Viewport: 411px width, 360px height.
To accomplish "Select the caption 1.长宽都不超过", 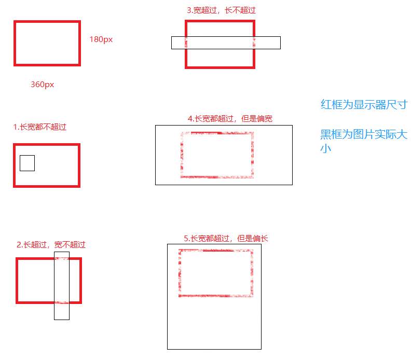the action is click(x=40, y=127).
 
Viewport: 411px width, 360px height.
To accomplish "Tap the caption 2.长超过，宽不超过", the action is click(x=51, y=244).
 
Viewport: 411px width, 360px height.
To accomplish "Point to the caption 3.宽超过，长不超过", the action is click(x=221, y=10).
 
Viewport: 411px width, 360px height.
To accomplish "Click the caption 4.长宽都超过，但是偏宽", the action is click(x=230, y=118).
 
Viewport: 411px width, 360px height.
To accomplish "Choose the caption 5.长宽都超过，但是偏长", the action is click(x=226, y=238).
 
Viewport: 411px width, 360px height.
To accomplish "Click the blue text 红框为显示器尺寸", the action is click(x=364, y=104).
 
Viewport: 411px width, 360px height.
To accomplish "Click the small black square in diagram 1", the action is click(x=27, y=163).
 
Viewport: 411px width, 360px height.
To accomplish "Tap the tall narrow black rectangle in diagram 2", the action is click(x=62, y=285).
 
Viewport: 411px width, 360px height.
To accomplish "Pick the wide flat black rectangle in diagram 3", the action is click(x=226, y=43).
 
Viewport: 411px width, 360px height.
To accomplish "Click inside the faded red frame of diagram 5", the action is click(x=215, y=273).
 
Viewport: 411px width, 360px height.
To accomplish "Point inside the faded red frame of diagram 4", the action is click(x=217, y=155).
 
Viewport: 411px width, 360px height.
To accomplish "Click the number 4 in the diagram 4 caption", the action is click(x=190, y=118).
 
